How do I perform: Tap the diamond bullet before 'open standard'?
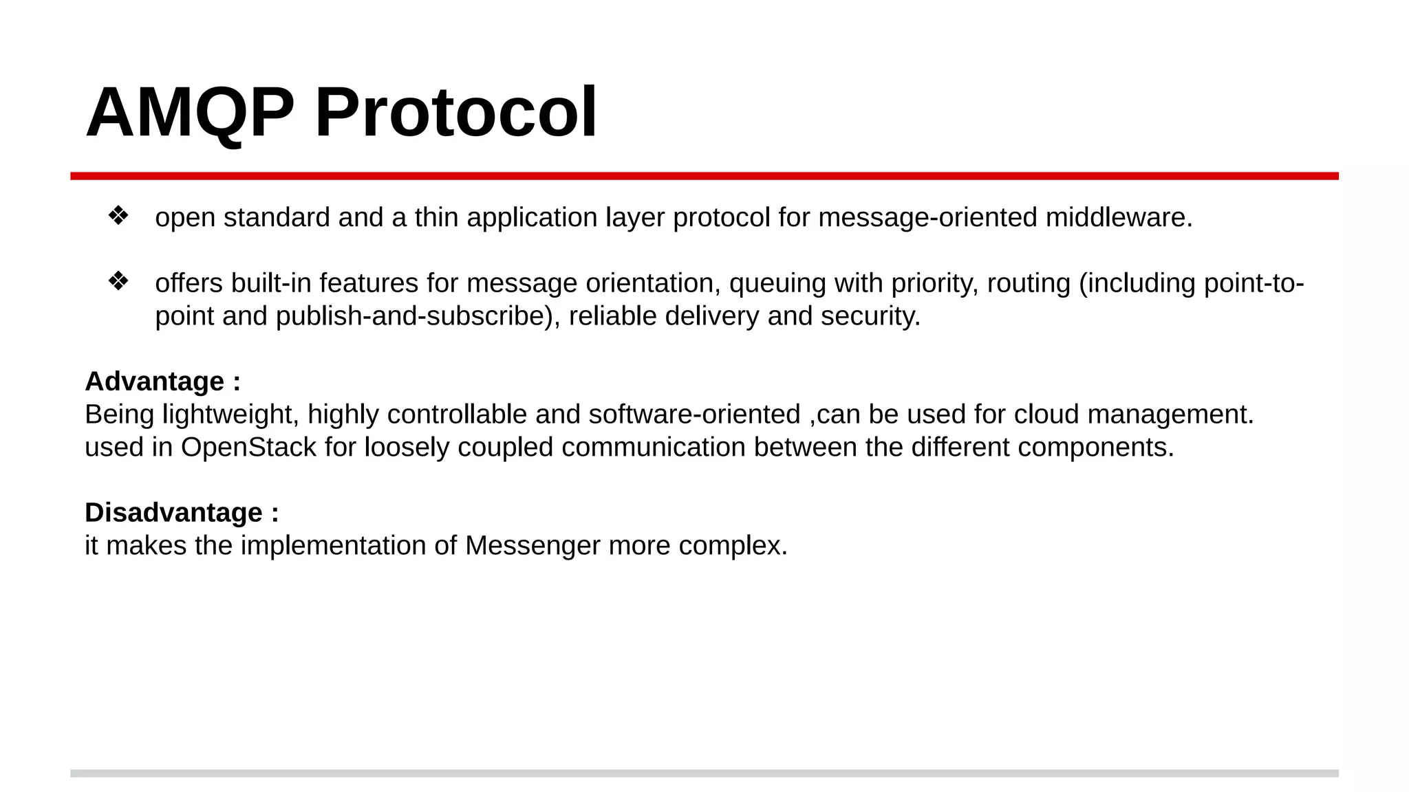[118, 216]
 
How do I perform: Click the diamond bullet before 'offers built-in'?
[118, 281]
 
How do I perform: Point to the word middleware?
[1119, 217]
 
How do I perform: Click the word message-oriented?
[928, 217]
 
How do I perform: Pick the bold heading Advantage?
[155, 382]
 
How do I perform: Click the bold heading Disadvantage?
[174, 513]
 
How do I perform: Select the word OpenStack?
[248, 448]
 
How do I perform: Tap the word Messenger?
[533, 546]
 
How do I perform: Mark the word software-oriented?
[694, 415]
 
